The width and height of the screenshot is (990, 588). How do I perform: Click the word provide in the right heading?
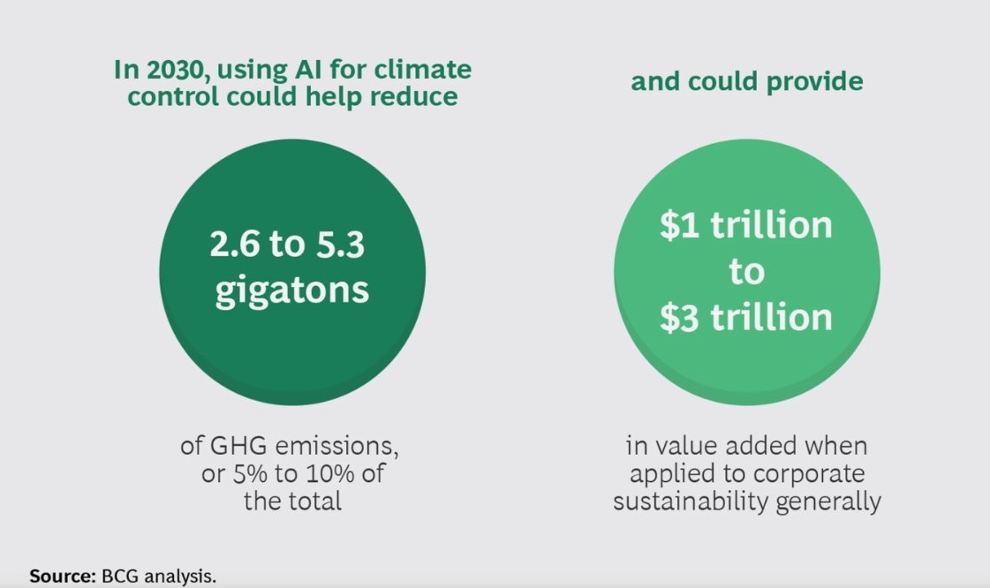point(814,82)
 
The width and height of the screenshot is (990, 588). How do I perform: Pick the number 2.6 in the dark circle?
point(234,245)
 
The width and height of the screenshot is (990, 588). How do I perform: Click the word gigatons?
point(291,291)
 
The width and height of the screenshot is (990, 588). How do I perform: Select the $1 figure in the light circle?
point(679,225)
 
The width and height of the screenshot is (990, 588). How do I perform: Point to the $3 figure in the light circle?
point(679,317)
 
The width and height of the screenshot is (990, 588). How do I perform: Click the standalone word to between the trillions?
point(746,272)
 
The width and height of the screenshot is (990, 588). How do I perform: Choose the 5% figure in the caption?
point(250,474)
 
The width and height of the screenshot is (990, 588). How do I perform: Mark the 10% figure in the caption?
point(329,474)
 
